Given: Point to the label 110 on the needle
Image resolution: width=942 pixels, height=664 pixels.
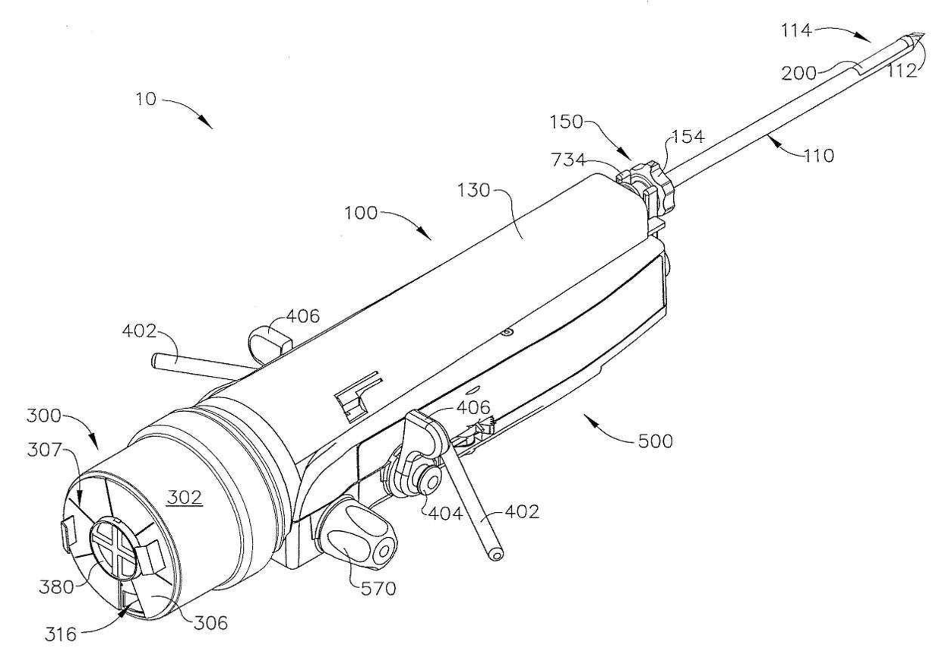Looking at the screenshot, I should pyautogui.click(x=817, y=156).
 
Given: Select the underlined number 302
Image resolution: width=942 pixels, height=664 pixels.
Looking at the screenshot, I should pyautogui.click(x=185, y=497).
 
